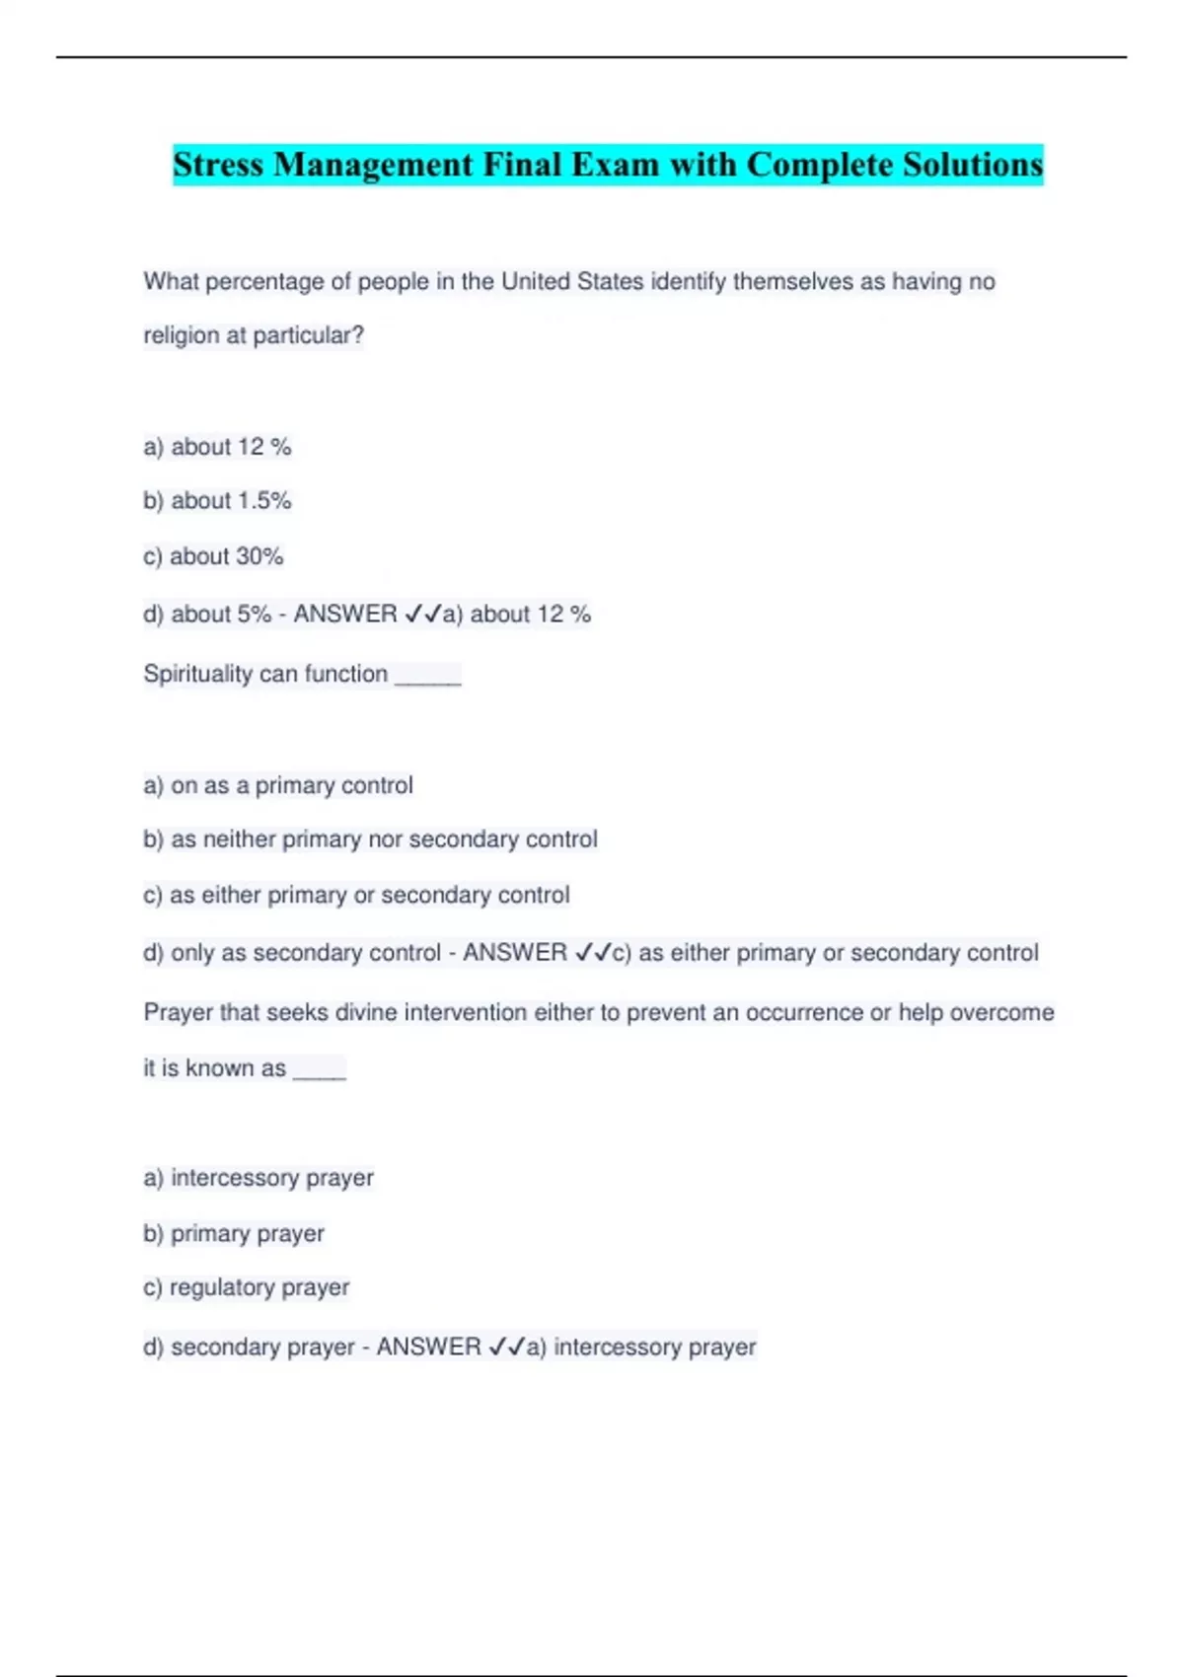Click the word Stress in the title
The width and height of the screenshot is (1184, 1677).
219,165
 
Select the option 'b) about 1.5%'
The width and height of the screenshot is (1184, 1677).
217,501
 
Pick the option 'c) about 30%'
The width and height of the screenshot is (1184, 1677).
213,556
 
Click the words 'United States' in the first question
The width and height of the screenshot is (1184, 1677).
572,282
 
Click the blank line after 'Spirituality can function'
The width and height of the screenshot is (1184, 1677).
427,676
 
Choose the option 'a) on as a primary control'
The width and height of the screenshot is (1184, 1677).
278,786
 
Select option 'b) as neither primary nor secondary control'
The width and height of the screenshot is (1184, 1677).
370,839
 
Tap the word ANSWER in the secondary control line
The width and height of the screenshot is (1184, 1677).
515,953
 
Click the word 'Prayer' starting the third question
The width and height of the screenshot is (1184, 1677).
178,1013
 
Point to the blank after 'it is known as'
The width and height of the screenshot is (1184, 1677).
319,1070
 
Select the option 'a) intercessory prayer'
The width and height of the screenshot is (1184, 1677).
259,1178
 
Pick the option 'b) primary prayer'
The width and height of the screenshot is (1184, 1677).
234,1234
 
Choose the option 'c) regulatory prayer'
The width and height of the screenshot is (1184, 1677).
247,1288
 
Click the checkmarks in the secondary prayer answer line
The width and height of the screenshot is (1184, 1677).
507,1348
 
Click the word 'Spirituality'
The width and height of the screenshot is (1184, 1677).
198,675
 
